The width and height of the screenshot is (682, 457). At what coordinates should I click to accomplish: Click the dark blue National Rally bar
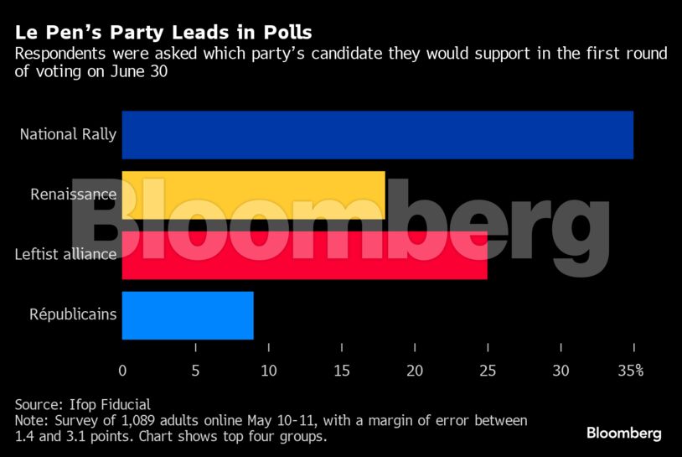pos(377,135)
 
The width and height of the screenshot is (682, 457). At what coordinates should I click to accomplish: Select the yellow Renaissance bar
pos(253,195)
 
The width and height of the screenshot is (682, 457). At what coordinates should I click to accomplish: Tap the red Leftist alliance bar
pos(304,255)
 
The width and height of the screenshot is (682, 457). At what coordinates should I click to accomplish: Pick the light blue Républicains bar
pos(188,315)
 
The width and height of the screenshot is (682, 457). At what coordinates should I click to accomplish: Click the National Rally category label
pos(68,134)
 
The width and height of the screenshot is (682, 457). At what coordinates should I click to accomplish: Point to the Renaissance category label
pos(73,195)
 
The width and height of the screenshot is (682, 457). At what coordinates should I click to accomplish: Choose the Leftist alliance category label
pos(65,254)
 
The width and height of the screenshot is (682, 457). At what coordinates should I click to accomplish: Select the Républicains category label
pos(73,315)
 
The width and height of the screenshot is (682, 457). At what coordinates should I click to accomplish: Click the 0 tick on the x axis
pos(122,371)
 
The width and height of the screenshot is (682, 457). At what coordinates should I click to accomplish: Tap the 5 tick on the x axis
pos(195,371)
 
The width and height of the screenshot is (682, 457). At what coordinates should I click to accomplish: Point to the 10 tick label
pos(268,371)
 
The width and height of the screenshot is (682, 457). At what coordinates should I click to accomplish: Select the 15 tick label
pos(341,371)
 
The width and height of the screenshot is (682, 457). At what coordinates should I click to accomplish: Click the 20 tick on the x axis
pos(414,371)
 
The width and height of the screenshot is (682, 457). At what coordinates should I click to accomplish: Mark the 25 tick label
pos(487,371)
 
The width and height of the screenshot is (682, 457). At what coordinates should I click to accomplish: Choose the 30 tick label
pos(560,371)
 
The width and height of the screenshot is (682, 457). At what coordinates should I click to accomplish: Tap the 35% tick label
pos(631,371)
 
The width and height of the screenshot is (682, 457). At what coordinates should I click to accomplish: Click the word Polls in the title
pos(284,33)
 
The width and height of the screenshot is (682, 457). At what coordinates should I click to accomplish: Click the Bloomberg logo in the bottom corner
pos(623,434)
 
